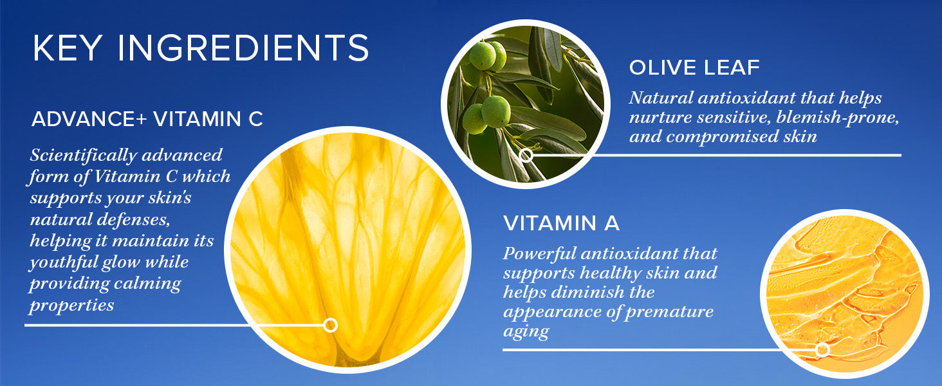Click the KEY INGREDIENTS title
click(x=201, y=48)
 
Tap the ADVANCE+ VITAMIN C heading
click(x=147, y=119)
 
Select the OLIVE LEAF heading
click(x=694, y=68)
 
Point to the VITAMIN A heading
click(x=561, y=223)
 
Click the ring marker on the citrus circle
click(x=330, y=325)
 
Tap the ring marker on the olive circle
click(x=526, y=155)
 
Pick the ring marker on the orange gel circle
click(x=822, y=349)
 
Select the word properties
click(x=71, y=306)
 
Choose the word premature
click(x=669, y=312)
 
